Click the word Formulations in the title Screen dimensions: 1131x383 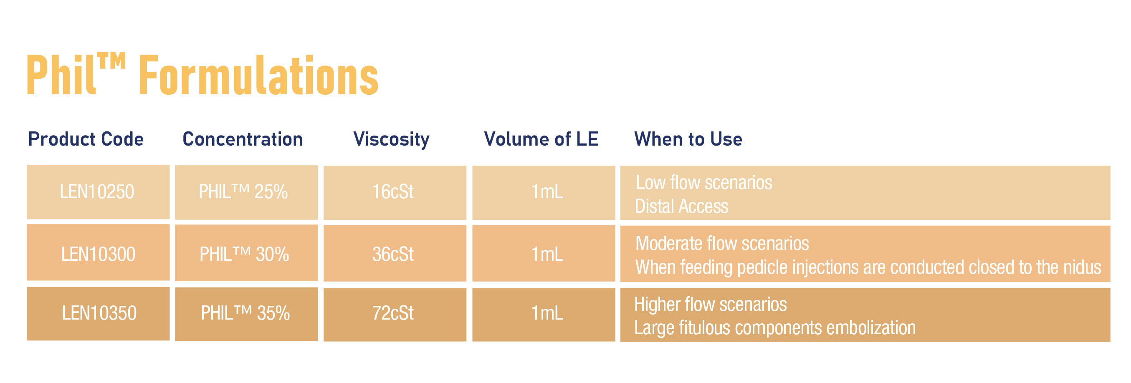click(x=258, y=75)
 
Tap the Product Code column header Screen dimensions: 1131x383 click(x=86, y=139)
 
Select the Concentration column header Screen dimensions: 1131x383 click(x=243, y=139)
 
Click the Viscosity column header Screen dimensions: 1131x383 click(x=392, y=139)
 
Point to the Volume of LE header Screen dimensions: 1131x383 click(x=541, y=139)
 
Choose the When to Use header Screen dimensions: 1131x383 click(x=688, y=139)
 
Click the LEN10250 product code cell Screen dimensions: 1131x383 click(x=98, y=192)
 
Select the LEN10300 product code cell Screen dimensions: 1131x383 click(x=98, y=253)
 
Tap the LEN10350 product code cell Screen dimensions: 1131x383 click(x=98, y=314)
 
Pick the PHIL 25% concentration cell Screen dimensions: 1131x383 click(x=246, y=192)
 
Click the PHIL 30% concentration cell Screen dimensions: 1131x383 click(x=246, y=253)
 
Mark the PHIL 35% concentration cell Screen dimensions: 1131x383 click(x=246, y=314)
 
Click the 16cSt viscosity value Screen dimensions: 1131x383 click(x=393, y=192)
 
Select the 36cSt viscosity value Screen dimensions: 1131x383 click(x=393, y=254)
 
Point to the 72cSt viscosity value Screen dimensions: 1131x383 click(x=393, y=313)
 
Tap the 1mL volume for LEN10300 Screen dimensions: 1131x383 click(x=547, y=254)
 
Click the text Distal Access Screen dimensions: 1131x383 click(x=681, y=206)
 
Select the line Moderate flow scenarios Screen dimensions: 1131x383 click(x=722, y=243)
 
